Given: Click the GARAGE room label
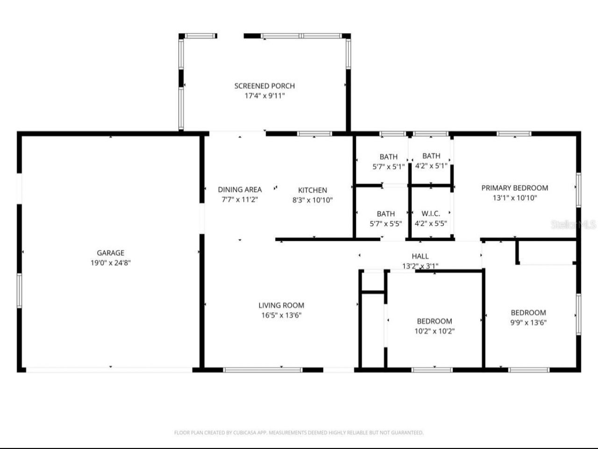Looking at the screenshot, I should (110, 253).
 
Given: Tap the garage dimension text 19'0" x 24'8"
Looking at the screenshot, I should (110, 263).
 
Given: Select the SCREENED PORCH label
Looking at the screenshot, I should (264, 86).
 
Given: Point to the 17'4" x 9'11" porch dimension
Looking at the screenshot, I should (264, 96).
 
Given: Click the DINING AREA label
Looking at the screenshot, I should (240, 189).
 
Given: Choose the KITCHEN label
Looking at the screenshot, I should (313, 190).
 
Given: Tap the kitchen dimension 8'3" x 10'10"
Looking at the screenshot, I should (313, 200).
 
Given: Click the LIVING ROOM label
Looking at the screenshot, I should (281, 305).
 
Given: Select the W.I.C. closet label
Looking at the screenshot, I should (431, 214).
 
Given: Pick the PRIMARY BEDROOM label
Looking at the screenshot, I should (515, 188).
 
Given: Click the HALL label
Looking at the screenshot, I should (420, 256).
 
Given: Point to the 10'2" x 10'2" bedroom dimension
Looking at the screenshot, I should (434, 331).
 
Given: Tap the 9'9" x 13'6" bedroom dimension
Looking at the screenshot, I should (528, 322).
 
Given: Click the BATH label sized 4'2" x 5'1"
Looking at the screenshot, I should (431, 156).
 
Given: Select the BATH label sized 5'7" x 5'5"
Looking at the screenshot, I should (385, 214).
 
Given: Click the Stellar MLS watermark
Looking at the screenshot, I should (573, 224).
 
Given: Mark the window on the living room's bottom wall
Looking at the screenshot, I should (263, 370).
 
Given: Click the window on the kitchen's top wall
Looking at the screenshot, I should (314, 134).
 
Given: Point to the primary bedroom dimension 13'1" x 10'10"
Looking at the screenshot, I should (515, 198).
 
